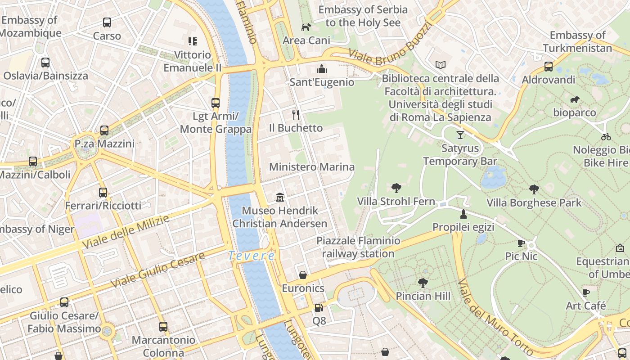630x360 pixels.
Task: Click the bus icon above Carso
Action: [107, 22]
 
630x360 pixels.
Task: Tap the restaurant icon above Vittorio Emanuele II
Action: [193, 42]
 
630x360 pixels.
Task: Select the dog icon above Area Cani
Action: [306, 27]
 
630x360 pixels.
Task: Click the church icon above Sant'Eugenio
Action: [321, 69]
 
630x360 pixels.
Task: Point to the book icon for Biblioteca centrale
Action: [440, 65]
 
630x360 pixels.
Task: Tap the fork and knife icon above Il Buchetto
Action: [296, 114]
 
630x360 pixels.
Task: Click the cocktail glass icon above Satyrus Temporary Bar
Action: [460, 135]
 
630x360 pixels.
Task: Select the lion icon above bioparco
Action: [575, 99]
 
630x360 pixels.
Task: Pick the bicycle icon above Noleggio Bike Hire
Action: [606, 137]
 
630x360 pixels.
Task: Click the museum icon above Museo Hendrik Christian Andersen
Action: [280, 197]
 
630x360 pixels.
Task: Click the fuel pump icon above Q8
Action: [319, 308]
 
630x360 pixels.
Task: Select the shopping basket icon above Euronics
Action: [303, 275]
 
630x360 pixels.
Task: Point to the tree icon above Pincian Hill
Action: [423, 283]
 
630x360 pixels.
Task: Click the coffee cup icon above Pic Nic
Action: [521, 243]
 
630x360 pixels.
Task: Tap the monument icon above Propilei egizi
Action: [463, 214]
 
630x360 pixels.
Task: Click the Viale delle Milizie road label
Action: [126, 232]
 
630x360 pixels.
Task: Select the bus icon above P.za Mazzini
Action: [104, 130]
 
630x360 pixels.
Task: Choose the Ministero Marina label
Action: [311, 167]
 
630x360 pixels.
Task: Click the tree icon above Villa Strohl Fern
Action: [396, 188]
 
